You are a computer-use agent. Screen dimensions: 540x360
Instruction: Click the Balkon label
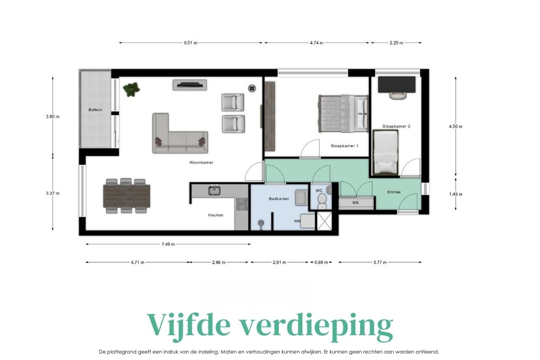point(95,110)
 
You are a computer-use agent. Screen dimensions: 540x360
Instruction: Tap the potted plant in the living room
point(132,89)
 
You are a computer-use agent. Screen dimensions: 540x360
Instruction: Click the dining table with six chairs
point(126,196)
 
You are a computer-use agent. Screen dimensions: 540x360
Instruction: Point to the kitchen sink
point(214,191)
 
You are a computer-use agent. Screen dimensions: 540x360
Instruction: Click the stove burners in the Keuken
point(241,203)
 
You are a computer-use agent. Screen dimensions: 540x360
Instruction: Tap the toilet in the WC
point(322,201)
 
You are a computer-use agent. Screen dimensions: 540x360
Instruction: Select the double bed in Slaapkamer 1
point(343,113)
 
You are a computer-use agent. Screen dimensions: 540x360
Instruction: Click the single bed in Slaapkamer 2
point(386,152)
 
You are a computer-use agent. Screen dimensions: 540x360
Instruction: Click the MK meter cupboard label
point(356,203)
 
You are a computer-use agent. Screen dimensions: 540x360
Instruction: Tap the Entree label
point(394,192)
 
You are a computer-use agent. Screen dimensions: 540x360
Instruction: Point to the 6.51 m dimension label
point(191,43)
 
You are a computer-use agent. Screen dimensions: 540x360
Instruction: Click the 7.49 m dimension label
point(168,244)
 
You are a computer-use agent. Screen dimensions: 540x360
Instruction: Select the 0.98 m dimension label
point(321,262)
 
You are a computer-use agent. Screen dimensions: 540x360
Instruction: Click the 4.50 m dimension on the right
point(456,126)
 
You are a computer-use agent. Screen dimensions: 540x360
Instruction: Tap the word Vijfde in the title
point(188,325)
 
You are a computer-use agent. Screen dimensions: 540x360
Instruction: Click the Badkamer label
point(279,199)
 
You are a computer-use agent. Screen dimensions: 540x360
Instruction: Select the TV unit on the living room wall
point(190,85)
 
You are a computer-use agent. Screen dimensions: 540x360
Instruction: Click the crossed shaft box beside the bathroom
point(323,221)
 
